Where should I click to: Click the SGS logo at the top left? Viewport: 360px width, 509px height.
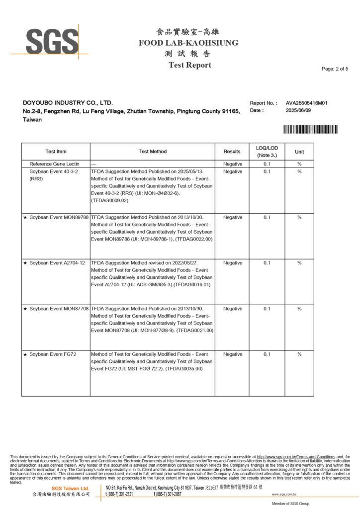[49, 40]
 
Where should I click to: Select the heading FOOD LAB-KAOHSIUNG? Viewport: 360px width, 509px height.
[188, 43]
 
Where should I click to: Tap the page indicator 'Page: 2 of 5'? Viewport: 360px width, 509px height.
[335, 69]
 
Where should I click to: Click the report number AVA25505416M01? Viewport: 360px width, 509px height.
[306, 103]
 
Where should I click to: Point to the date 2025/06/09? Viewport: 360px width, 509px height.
[298, 110]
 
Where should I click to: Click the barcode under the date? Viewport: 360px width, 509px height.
[310, 129]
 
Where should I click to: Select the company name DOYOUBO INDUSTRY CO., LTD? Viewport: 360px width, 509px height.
[68, 103]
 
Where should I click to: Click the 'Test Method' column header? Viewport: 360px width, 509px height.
[153, 152]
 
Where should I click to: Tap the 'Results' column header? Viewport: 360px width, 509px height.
[232, 152]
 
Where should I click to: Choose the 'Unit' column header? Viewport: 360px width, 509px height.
[299, 152]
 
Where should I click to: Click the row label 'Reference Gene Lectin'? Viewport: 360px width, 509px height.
[55, 164]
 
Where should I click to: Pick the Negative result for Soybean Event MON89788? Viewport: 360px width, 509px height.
[233, 217]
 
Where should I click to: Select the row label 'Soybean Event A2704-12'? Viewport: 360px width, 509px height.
[57, 263]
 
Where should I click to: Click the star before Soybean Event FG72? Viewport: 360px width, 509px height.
[25, 354]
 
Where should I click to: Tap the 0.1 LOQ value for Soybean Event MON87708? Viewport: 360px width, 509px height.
[267, 309]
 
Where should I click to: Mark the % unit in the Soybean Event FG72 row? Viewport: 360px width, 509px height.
[299, 354]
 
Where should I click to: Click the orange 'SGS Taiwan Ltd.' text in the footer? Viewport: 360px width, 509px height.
[70, 489]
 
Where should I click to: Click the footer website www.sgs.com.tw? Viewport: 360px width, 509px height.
[284, 495]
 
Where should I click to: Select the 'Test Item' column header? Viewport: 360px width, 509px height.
[56, 152]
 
